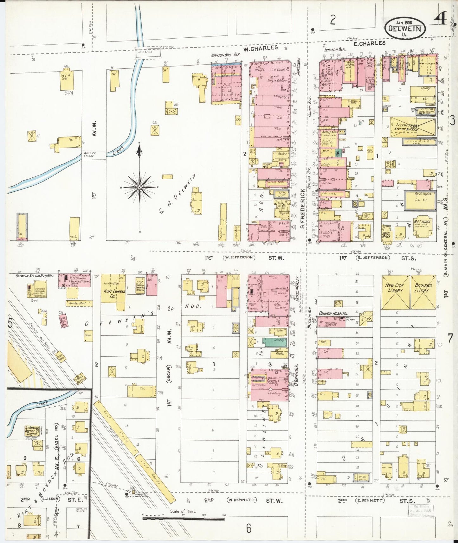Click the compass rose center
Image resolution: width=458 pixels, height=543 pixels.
[139, 188]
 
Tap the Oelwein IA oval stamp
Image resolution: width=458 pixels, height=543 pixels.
[405, 28]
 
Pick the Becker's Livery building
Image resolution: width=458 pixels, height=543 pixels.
[423, 292]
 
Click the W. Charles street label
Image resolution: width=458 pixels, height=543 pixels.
[261, 48]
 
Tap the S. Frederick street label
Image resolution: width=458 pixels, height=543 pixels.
[302, 209]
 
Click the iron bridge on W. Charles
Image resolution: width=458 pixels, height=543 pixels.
[148, 53]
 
